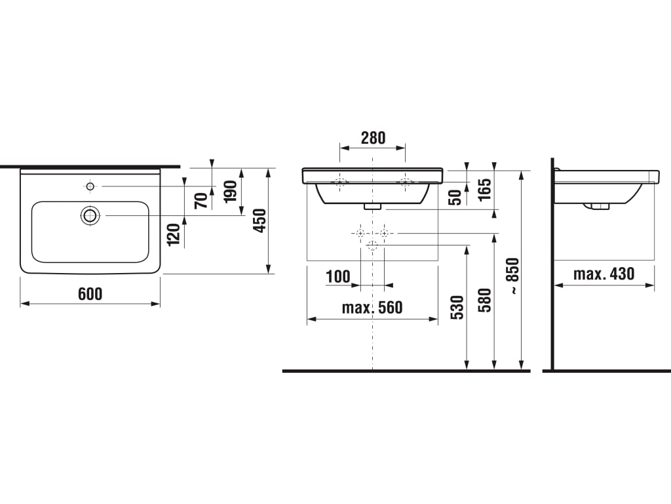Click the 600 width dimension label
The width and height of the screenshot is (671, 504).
(90, 294)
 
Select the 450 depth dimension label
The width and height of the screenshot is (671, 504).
(259, 220)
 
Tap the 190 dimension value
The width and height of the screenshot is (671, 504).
(231, 191)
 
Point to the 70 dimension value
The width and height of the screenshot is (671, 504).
(201, 201)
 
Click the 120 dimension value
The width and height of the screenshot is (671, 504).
(174, 234)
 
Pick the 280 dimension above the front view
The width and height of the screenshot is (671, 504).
(373, 138)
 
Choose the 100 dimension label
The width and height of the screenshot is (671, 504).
(338, 276)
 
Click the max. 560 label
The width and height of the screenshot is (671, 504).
(372, 307)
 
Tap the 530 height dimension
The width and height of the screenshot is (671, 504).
(457, 307)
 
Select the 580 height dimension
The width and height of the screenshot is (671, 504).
(485, 300)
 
